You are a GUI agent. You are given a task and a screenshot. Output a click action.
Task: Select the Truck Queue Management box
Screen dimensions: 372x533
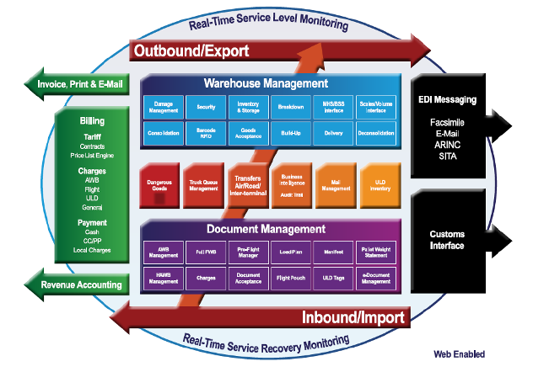pyautogui.click(x=205, y=185)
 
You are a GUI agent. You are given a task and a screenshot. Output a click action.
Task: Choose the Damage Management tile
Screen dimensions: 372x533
pyautogui.click(x=164, y=106)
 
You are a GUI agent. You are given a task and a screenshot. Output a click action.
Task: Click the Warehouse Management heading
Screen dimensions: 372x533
pyautogui.click(x=266, y=83)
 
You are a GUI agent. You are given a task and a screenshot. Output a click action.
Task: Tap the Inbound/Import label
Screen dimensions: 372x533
pyautogui.click(x=354, y=317)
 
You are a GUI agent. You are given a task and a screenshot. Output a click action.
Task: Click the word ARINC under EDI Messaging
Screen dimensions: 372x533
pyautogui.click(x=448, y=144)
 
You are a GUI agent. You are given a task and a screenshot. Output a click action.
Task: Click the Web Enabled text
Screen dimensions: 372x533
pyautogui.click(x=459, y=354)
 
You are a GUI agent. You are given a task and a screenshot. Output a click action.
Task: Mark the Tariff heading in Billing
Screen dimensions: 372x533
pyautogui.click(x=93, y=136)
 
